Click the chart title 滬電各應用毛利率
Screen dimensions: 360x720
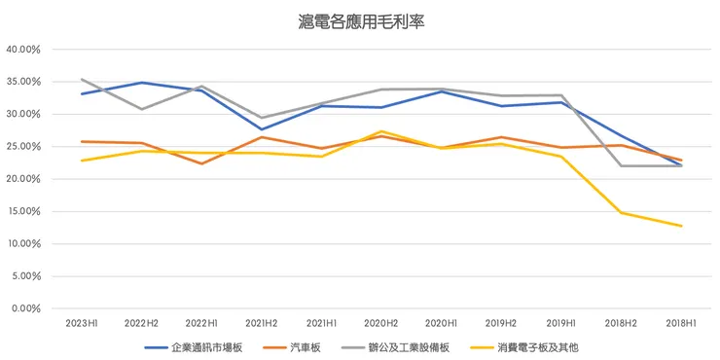361,19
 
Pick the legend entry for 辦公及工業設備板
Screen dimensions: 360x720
409,346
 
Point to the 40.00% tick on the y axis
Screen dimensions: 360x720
22,50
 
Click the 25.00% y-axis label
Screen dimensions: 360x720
22,147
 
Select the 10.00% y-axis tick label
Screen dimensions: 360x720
22,244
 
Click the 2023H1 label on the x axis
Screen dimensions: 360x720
81,322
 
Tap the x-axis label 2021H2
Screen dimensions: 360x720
261,322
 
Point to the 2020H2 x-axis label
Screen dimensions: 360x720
380,322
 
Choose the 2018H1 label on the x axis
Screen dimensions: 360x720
680,322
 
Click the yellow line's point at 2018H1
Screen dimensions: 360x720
680,226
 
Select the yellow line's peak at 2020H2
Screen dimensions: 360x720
380,131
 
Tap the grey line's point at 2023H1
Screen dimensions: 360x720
81,79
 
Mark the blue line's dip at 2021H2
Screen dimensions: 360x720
261,129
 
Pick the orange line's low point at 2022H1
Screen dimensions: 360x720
200,163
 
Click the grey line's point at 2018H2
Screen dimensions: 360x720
621,165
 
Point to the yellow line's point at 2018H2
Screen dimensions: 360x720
621,212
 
